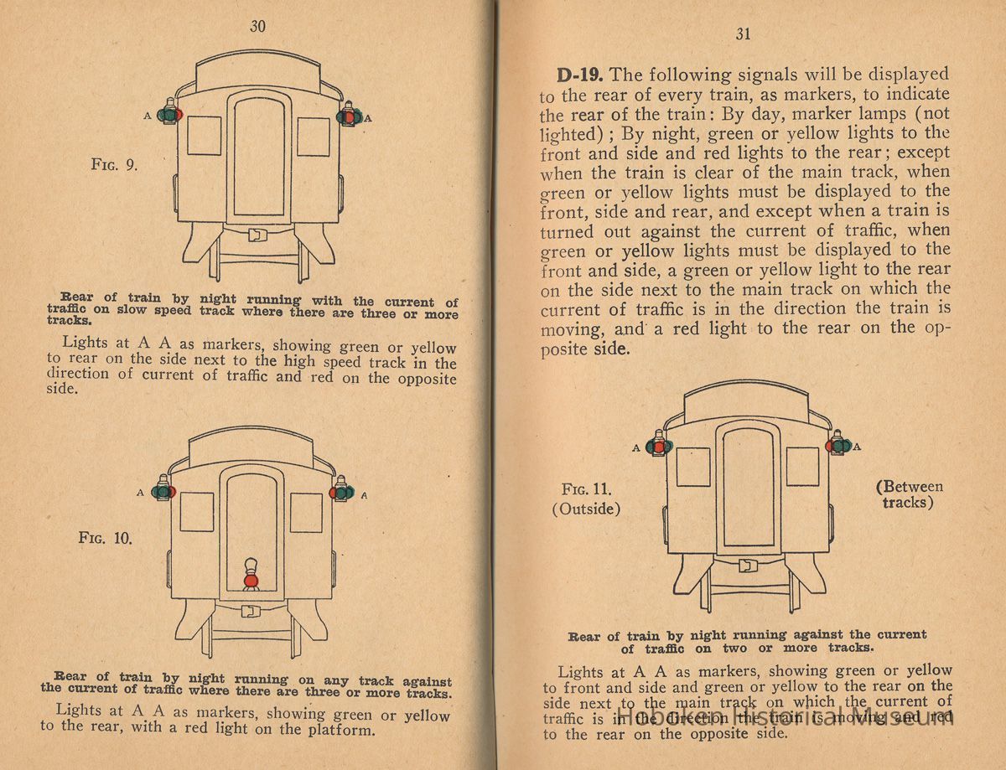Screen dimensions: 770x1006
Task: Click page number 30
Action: (257, 26)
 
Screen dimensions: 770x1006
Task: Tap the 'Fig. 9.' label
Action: (114, 165)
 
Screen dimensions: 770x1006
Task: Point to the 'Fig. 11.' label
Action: (587, 489)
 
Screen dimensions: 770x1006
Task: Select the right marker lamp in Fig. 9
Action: (348, 115)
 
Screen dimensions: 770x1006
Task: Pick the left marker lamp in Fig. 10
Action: (163, 489)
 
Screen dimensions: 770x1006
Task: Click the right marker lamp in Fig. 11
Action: (837, 444)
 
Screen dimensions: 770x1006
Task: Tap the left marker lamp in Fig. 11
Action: (658, 446)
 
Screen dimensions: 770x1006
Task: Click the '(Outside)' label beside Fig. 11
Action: (587, 509)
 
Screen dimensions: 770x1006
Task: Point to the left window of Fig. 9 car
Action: (204, 136)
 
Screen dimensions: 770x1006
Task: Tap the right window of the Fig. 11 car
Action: (802, 466)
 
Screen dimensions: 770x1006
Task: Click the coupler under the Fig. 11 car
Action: (748, 566)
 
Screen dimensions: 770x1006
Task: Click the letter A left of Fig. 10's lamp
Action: (140, 493)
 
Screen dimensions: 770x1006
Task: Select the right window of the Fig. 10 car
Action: (306, 512)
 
